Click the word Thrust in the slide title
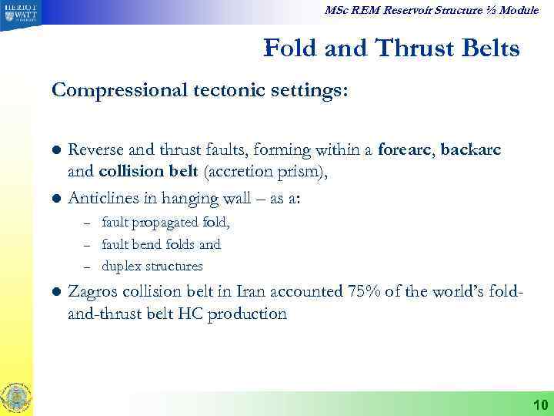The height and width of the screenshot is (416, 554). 415,49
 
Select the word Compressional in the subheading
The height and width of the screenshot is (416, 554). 106,91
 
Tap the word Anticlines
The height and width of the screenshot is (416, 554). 103,198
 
